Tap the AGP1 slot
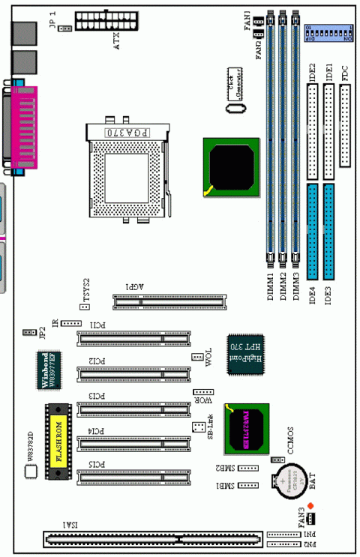[x=168, y=302]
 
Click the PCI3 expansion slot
[x=133, y=410]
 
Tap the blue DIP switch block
[x=328, y=34]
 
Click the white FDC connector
[x=345, y=125]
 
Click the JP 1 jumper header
[x=65, y=28]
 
